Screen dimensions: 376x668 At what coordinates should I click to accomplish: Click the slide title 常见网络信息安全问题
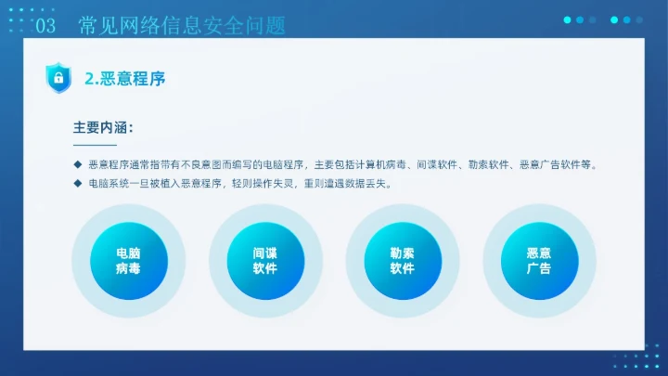point(181,26)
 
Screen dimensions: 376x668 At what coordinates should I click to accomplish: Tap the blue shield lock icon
point(58,78)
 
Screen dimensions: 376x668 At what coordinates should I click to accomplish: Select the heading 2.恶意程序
point(124,79)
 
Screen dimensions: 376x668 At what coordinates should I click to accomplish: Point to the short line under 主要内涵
point(95,145)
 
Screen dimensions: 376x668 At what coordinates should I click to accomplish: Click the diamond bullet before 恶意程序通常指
point(78,164)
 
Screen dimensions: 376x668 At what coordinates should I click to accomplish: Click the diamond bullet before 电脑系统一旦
point(78,184)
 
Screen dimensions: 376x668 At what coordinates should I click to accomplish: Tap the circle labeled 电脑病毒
point(128,261)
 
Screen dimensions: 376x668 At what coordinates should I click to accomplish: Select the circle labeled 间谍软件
point(264,261)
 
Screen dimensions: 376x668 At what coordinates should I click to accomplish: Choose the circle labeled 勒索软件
point(402,261)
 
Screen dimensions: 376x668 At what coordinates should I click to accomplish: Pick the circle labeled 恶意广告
point(538,261)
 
